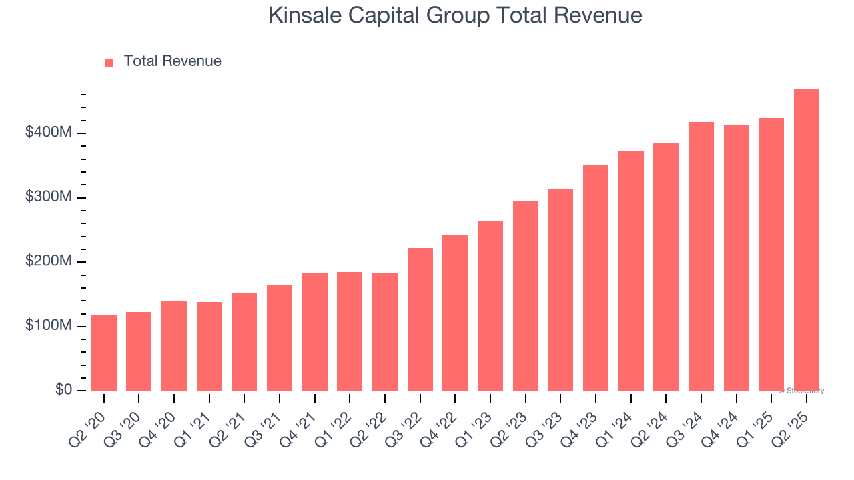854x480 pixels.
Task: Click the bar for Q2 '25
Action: (806, 240)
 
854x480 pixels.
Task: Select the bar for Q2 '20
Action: (104, 353)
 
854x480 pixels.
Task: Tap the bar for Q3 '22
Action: (420, 319)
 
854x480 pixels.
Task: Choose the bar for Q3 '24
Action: (701, 257)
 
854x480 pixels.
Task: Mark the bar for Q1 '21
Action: (209, 347)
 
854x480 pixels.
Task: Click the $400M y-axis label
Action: (48, 133)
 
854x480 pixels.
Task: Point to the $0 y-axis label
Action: (63, 389)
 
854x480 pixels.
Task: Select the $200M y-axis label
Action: (48, 261)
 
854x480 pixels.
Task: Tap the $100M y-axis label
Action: (48, 325)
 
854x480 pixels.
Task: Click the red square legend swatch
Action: (109, 62)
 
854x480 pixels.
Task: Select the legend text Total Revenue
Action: (172, 61)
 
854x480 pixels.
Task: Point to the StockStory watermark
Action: (801, 391)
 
